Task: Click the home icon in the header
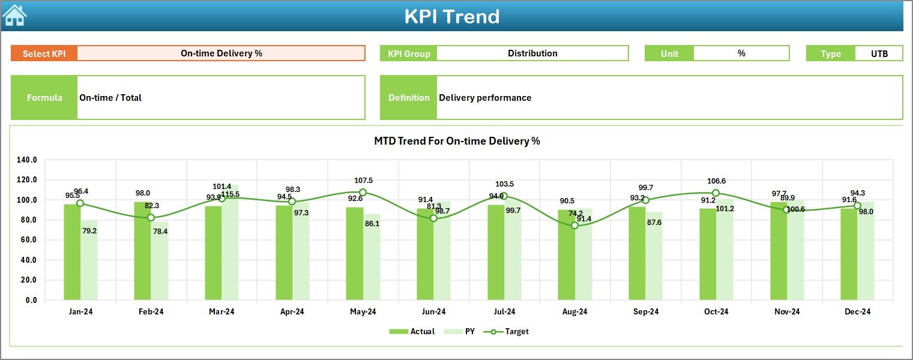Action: point(14,15)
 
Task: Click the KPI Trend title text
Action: point(451,16)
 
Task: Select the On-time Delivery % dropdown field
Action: point(221,53)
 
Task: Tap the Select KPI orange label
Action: point(44,53)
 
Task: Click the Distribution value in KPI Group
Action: point(532,53)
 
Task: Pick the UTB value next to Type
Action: point(879,53)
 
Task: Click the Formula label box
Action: point(44,98)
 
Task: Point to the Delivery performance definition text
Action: point(485,98)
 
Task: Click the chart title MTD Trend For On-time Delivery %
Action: point(457,141)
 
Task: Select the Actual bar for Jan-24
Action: point(72,252)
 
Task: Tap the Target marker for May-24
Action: point(363,193)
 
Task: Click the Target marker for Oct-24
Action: point(716,193)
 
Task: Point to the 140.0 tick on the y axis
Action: point(27,160)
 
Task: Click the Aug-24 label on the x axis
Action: point(574,312)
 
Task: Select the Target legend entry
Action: point(510,331)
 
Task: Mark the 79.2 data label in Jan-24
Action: point(89,230)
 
